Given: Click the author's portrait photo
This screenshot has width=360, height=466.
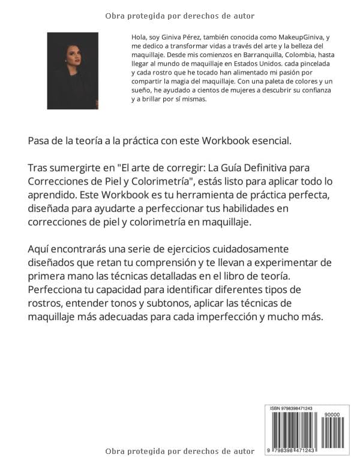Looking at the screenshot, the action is pos(72,71).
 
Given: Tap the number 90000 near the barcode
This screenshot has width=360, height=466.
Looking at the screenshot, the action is pos(331,414).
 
